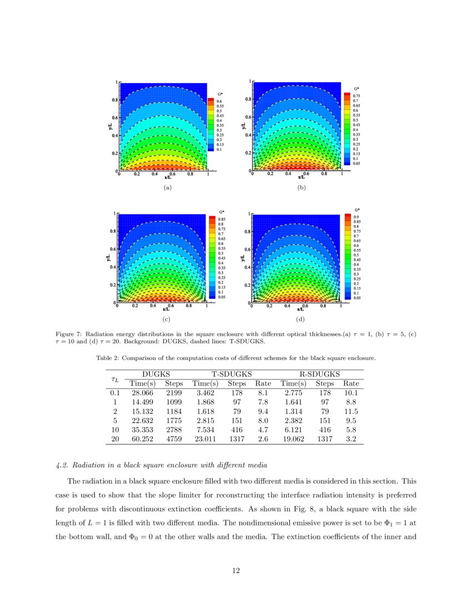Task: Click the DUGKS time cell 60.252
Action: click(142, 439)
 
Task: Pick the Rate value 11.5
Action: click(350, 412)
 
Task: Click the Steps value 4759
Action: click(174, 439)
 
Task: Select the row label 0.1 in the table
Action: click(115, 393)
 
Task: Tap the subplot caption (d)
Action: click(300, 319)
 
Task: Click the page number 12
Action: click(236, 570)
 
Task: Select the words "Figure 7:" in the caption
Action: click(69, 334)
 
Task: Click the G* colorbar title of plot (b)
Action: click(357, 88)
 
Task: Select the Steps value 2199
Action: click(174, 393)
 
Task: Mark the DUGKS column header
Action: click(156, 374)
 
